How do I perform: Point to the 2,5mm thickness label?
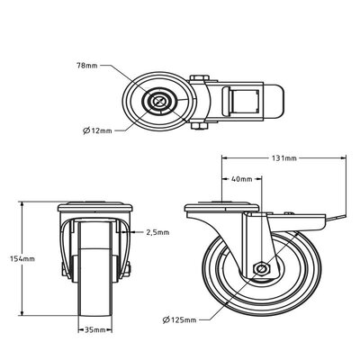[x=157, y=232]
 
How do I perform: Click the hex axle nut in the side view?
[x=262, y=268]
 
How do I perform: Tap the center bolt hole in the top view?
[x=161, y=101]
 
